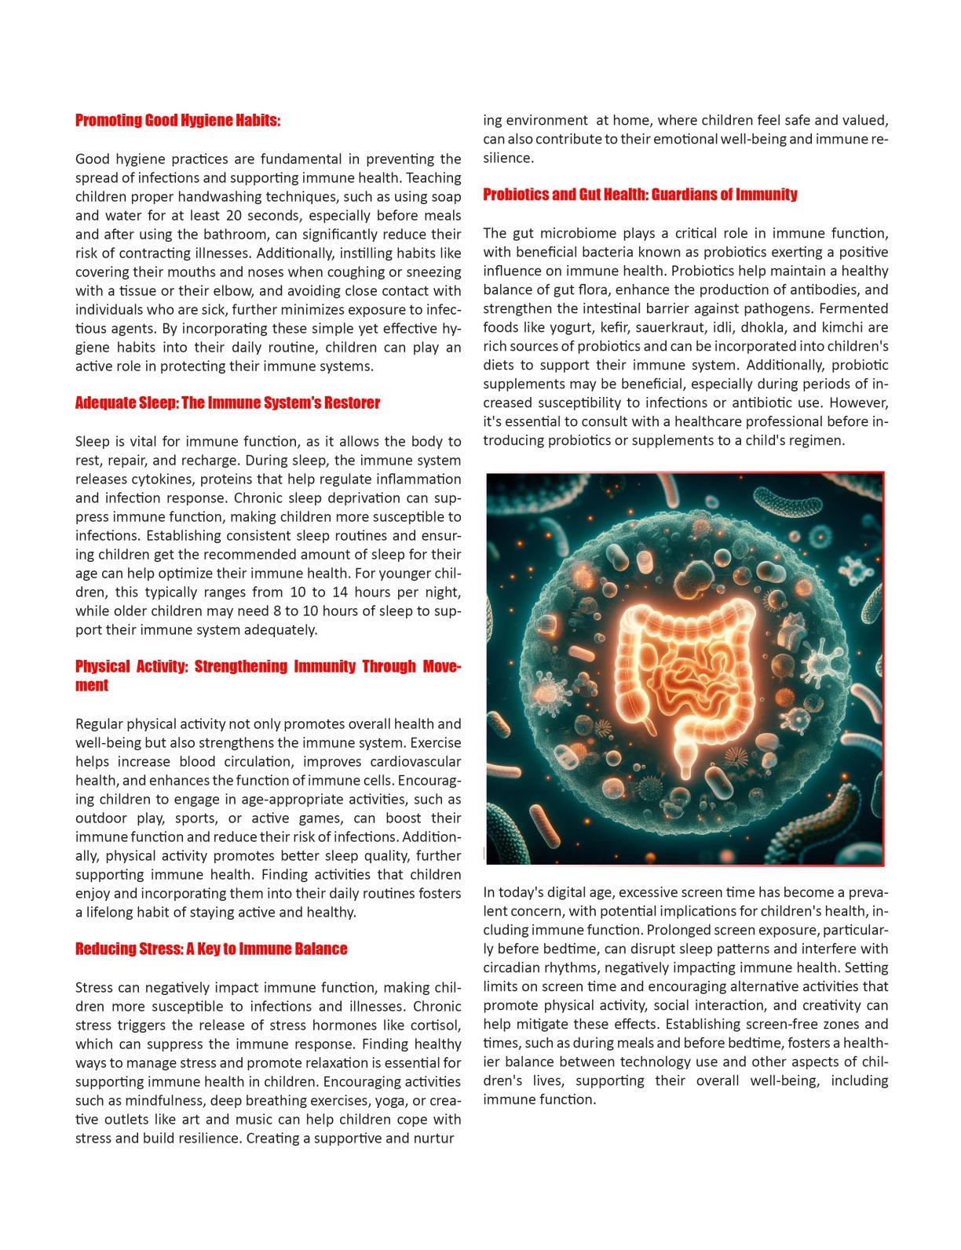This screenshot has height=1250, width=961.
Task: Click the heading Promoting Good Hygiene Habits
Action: tap(177, 121)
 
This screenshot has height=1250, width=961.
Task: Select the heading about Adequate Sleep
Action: tap(227, 403)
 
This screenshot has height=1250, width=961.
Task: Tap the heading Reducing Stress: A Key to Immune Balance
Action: tap(210, 949)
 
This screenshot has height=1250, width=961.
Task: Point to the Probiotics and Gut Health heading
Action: tap(640, 195)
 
